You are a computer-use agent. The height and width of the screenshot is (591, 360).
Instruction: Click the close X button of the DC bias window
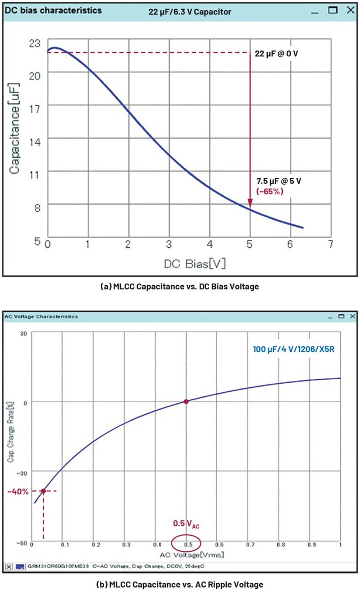[350, 10]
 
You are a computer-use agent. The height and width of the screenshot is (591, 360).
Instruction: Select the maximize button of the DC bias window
[333, 10]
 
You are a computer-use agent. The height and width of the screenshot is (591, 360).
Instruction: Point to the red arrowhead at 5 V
[250, 203]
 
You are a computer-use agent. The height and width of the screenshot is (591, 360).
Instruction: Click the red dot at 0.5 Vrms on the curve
[186, 402]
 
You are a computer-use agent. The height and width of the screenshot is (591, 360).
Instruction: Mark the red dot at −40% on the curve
[43, 491]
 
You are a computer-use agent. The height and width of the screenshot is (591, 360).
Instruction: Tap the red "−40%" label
[18, 491]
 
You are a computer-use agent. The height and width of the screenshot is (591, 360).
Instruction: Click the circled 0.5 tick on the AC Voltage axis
[186, 544]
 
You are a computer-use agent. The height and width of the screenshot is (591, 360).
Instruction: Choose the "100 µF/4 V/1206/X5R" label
[293, 349]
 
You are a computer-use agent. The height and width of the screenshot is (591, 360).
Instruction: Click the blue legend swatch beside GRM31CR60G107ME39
[20, 567]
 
